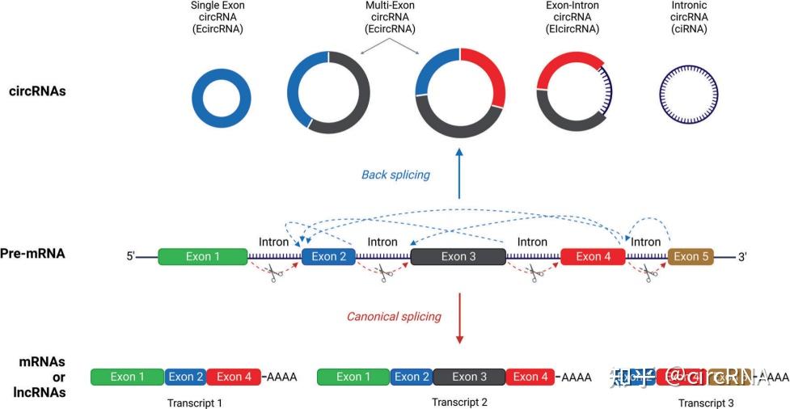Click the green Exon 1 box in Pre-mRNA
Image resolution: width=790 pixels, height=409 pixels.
pyautogui.click(x=202, y=257)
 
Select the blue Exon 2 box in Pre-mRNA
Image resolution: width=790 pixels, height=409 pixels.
pyautogui.click(x=328, y=257)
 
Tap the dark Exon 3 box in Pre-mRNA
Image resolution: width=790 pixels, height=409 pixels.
pyautogui.click(x=458, y=257)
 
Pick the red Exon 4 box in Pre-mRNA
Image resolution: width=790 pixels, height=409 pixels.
pyautogui.click(x=593, y=257)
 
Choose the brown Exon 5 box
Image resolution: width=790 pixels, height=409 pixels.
pyautogui.click(x=691, y=257)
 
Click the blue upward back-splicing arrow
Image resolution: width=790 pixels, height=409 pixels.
pyautogui.click(x=459, y=174)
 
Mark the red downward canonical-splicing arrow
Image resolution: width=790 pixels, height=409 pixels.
pyautogui.click(x=459, y=317)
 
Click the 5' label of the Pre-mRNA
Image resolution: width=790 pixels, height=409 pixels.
pyautogui.click(x=130, y=257)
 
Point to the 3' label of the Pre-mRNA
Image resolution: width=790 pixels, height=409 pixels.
pyautogui.click(x=742, y=257)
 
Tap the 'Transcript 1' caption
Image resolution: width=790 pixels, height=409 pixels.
pyautogui.click(x=195, y=402)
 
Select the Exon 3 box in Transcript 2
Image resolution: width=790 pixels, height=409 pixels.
pyautogui.click(x=469, y=377)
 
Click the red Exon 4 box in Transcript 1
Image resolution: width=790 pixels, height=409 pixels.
pyautogui.click(x=234, y=377)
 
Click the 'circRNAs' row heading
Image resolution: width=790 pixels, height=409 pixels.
pyautogui.click(x=37, y=91)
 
